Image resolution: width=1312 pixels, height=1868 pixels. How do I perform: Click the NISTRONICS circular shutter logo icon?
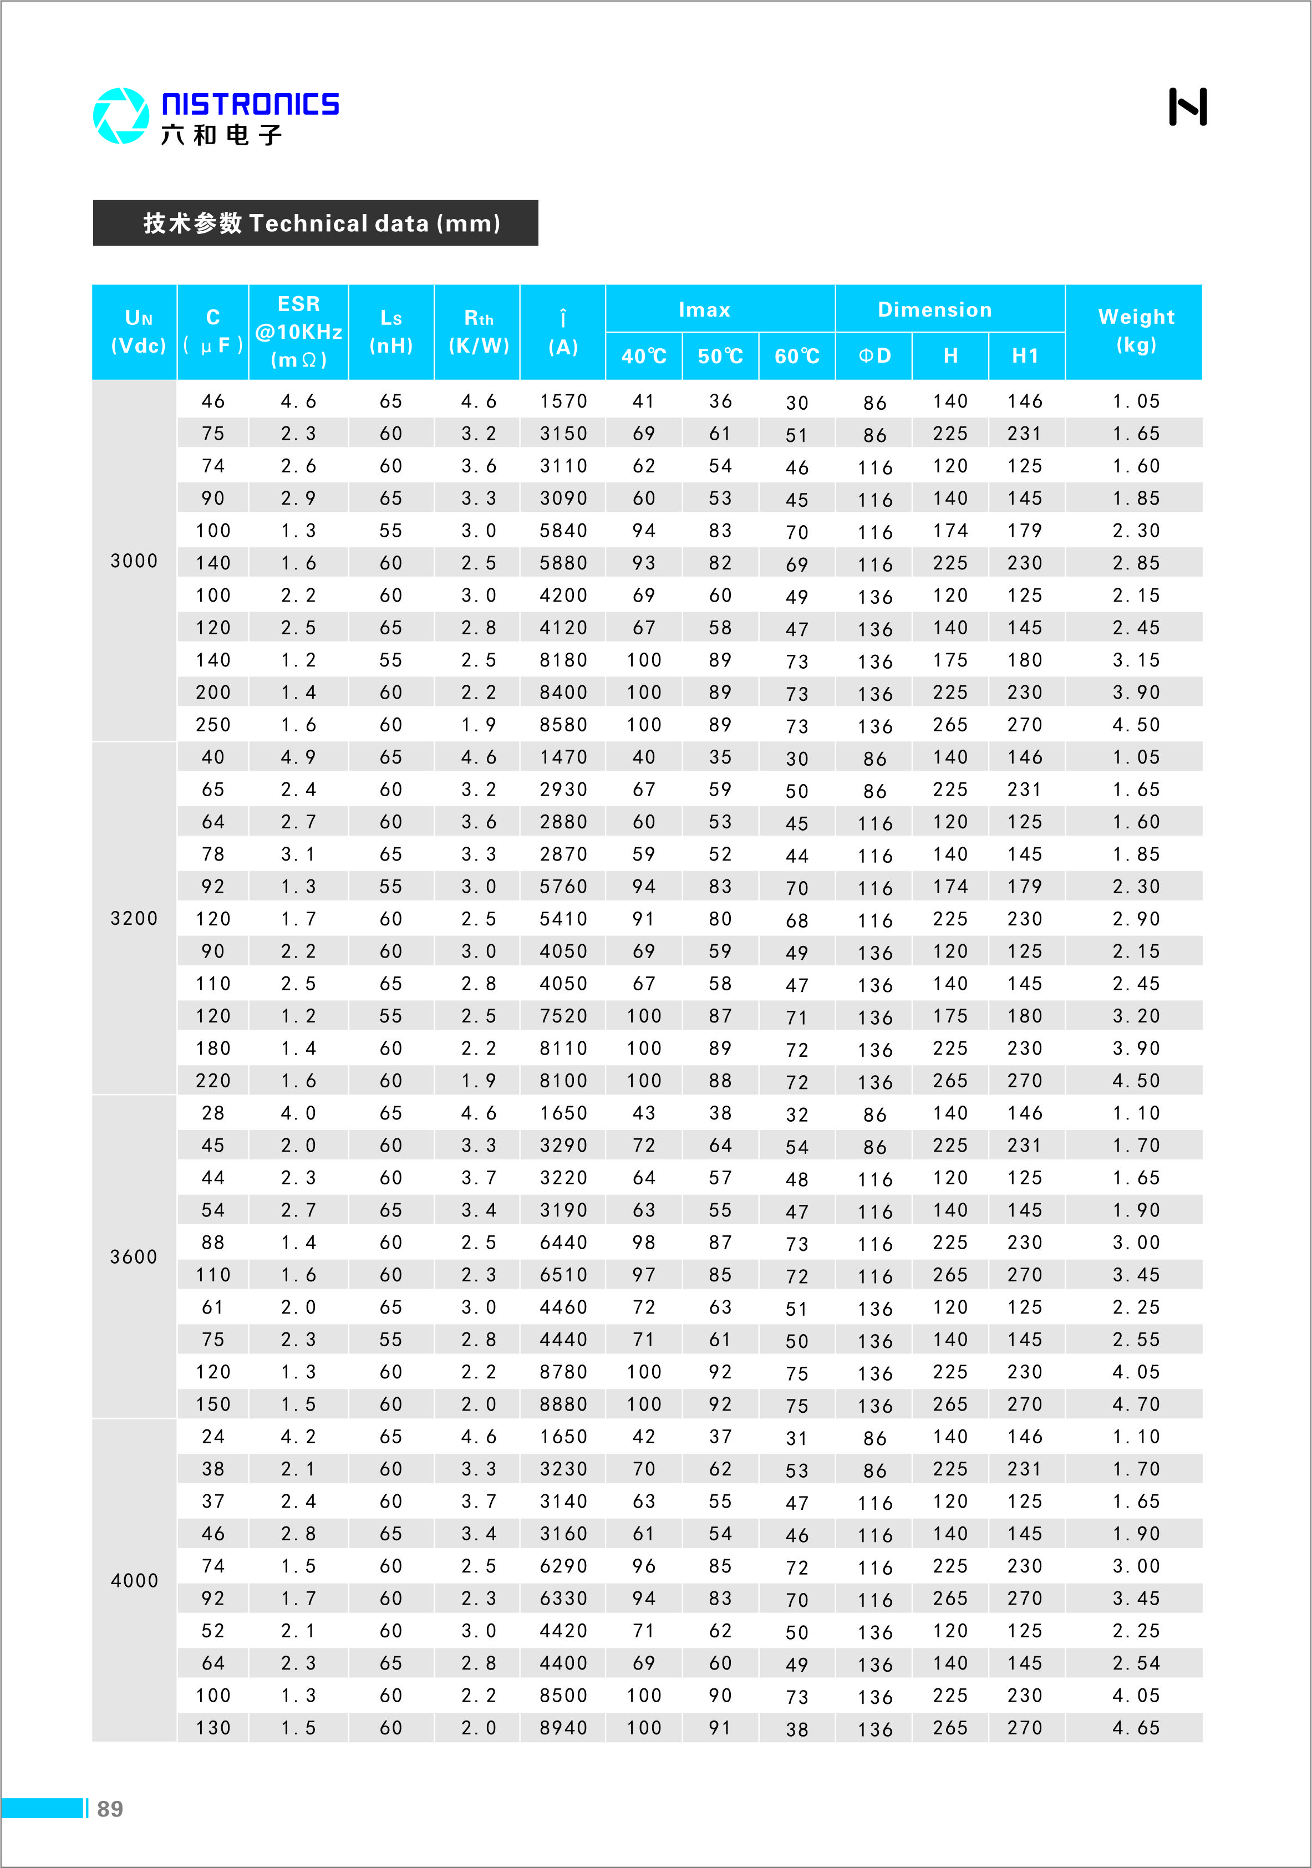click(x=120, y=115)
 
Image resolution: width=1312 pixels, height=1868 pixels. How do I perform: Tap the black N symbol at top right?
click(x=1187, y=106)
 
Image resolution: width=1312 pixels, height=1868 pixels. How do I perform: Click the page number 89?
click(x=110, y=1809)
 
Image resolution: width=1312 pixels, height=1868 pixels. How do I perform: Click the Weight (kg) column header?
click(x=1136, y=330)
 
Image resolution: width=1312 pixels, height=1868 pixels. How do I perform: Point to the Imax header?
click(x=704, y=309)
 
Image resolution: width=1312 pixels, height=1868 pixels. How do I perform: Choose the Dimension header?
click(x=934, y=309)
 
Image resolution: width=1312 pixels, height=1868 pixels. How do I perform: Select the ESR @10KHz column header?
click(x=299, y=331)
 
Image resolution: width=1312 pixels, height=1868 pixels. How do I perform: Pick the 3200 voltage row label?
click(x=134, y=919)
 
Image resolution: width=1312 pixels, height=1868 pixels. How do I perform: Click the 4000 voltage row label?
click(x=134, y=1581)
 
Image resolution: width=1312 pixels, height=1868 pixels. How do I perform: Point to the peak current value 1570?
click(x=563, y=401)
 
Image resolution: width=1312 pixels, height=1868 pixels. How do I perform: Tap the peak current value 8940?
click(x=563, y=1727)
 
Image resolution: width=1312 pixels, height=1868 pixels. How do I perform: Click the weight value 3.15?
click(x=1136, y=660)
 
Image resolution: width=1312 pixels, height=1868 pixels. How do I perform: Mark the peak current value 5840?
click(x=563, y=531)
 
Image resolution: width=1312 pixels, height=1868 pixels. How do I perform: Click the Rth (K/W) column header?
click(x=479, y=331)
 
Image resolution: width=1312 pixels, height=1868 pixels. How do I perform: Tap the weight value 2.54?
click(x=1136, y=1663)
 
